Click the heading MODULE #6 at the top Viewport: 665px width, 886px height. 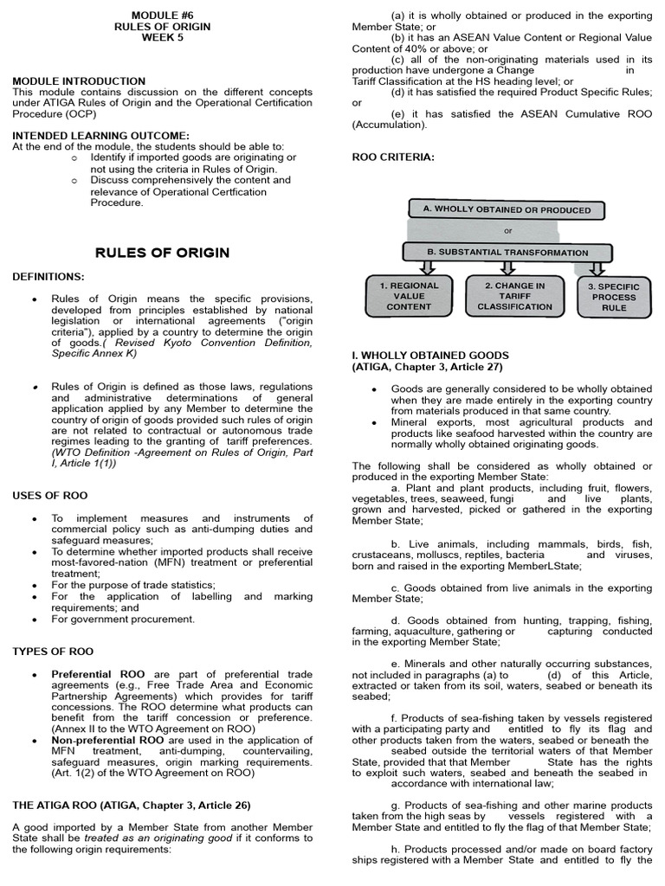coord(162,16)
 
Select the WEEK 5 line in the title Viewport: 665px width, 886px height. coord(162,38)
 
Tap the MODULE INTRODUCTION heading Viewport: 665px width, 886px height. coord(79,81)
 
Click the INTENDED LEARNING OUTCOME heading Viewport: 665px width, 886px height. coord(100,136)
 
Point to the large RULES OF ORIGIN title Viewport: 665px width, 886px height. coord(162,253)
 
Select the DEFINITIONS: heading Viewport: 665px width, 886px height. coord(48,276)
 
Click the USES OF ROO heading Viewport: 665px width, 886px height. coord(49,495)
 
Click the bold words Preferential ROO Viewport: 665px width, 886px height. coord(98,673)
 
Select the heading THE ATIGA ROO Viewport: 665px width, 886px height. coord(132,805)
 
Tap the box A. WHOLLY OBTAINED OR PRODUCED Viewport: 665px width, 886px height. coord(507,210)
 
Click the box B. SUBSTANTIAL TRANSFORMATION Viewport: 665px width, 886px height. coord(507,253)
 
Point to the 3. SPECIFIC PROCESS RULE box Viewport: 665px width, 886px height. coord(614,297)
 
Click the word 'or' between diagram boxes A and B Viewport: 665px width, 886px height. coord(508,231)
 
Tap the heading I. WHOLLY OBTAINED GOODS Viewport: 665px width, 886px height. coord(430,356)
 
